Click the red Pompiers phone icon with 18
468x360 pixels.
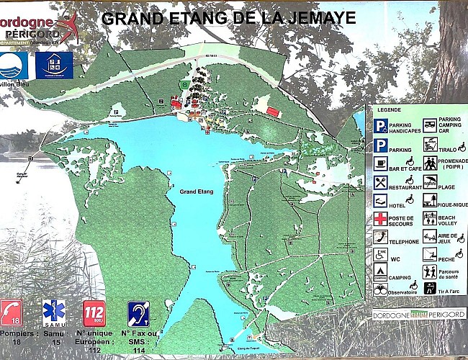click(x=12, y=314)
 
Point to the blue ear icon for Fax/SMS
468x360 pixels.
click(x=138, y=314)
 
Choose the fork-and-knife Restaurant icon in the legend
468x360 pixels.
click(x=380, y=181)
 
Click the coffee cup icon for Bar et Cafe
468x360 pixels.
click(x=380, y=163)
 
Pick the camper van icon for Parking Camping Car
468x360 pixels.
click(x=430, y=125)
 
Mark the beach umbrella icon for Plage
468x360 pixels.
click(x=430, y=181)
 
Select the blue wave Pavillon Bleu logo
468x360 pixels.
click(x=14, y=65)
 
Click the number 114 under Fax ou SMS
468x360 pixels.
click(x=139, y=351)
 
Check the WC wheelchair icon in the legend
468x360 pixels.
click(x=380, y=255)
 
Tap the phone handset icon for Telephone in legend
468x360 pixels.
click(x=380, y=237)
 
